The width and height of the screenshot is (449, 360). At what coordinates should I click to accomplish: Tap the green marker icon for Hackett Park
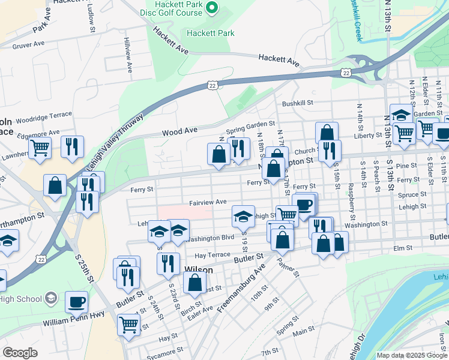pos(211,8)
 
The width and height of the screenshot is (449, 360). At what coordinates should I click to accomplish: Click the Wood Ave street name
pos(179,130)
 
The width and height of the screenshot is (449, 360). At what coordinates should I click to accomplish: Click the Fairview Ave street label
pos(208,202)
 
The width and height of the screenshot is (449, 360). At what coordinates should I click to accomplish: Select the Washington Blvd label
pos(210,238)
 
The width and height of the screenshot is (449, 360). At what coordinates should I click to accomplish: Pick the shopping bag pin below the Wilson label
pos(195,283)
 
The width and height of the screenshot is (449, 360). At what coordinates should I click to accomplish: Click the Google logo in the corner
pos(19,353)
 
